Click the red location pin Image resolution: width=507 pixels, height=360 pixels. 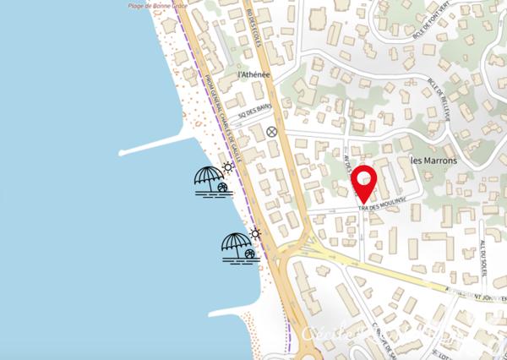point(364,183)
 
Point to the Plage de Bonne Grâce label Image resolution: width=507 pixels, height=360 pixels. point(156,4)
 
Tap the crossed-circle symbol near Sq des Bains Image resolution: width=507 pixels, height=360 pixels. point(271,131)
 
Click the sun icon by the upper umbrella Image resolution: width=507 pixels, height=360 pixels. point(227,167)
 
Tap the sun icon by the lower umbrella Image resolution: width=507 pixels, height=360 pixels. point(254,234)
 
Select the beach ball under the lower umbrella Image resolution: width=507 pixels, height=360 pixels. point(249,254)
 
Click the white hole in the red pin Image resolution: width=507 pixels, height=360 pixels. point(364,178)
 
